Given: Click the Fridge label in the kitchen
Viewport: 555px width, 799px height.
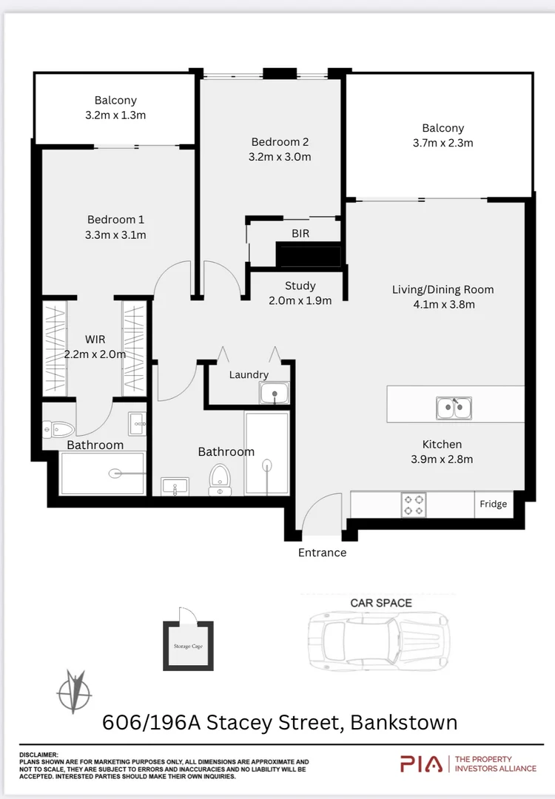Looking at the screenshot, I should click(493, 504).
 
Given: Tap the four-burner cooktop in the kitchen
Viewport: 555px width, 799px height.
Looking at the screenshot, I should click(414, 505).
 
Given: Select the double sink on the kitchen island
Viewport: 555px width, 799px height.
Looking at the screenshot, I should click(454, 407).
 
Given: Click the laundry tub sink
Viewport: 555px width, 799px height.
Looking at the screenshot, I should click(275, 394).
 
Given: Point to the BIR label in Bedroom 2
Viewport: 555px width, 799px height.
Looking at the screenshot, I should click(300, 233).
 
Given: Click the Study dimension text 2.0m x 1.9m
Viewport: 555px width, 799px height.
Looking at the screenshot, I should click(300, 300).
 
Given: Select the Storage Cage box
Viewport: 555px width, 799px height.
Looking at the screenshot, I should click(188, 645).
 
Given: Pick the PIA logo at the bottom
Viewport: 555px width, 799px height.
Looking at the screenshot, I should click(421, 763).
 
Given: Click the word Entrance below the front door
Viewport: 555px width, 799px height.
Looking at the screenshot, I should click(322, 553).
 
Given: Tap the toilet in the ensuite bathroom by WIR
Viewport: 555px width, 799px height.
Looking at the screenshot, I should click(58, 428).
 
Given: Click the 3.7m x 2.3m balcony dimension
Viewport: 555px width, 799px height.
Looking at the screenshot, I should click(443, 143).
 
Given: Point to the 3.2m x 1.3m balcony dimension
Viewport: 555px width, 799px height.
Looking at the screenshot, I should click(115, 115).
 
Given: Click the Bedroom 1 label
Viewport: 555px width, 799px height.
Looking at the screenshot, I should click(115, 219).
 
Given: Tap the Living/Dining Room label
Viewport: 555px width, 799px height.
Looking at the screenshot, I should click(443, 289).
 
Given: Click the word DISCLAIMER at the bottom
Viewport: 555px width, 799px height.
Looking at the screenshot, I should click(38, 755).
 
